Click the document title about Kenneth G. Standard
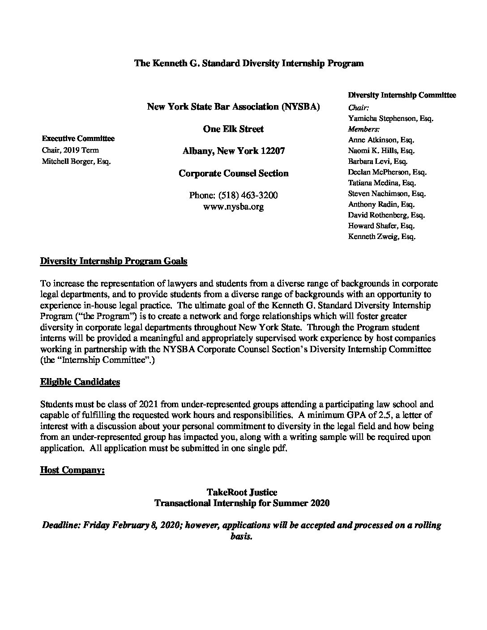click(x=249, y=63)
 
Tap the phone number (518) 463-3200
click(x=233, y=196)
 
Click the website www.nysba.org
click(x=233, y=206)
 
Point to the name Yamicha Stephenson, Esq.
click(x=391, y=119)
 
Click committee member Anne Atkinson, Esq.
click(x=380, y=140)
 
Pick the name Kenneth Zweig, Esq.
click(x=382, y=237)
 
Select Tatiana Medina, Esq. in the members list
click(x=382, y=183)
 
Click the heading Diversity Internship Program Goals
click(x=114, y=261)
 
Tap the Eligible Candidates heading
click(x=80, y=382)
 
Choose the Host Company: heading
click(x=73, y=470)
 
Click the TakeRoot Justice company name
click(x=242, y=492)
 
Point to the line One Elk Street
click(x=233, y=129)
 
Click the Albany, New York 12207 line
click(x=233, y=151)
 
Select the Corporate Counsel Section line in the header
click(x=233, y=173)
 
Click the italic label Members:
click(x=364, y=129)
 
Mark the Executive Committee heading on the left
click(x=78, y=139)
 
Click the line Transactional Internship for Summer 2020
click(x=242, y=503)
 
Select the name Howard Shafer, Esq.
click(x=381, y=226)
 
